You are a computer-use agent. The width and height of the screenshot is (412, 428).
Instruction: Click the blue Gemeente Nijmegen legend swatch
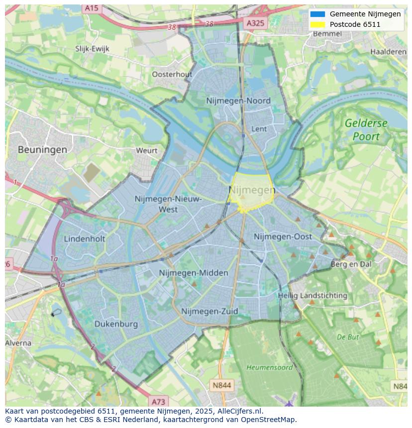click(x=317, y=14)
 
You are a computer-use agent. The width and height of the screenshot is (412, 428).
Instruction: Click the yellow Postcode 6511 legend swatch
click(x=317, y=24)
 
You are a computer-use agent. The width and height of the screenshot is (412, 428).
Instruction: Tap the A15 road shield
click(x=91, y=8)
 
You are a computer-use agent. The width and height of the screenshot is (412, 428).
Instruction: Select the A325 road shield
click(x=256, y=23)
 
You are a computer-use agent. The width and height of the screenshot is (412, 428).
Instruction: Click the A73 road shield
click(x=158, y=402)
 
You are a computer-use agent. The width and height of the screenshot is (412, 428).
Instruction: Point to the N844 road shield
click(x=221, y=385)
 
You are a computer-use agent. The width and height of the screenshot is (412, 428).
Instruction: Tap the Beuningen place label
click(x=42, y=149)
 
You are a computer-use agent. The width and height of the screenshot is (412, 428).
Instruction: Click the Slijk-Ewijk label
click(x=92, y=49)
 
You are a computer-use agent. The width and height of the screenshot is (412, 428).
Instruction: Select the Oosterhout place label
click(x=172, y=74)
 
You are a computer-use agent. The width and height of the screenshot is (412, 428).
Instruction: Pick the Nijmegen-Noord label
click(x=238, y=101)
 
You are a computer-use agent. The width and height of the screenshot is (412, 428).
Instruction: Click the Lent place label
click(x=259, y=129)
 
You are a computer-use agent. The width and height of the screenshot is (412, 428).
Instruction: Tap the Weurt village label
click(x=146, y=150)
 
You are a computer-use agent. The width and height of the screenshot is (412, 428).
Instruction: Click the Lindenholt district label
click(x=85, y=239)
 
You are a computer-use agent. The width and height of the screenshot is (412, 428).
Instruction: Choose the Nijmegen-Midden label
click(x=194, y=273)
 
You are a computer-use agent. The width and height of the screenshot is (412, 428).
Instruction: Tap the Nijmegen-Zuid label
click(x=209, y=311)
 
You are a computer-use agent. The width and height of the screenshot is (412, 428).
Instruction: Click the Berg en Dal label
click(x=351, y=264)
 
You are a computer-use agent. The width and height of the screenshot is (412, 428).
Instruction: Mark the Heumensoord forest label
click(x=269, y=367)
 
